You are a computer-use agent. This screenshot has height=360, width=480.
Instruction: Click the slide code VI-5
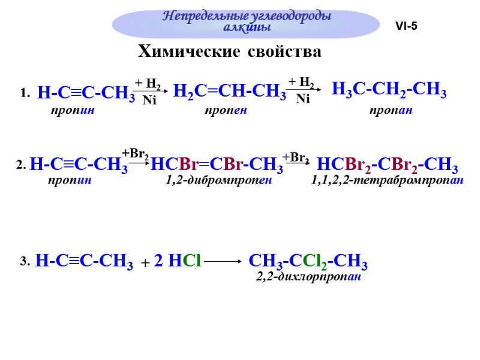coord(406,26)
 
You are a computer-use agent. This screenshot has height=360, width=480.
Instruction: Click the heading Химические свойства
coord(230,52)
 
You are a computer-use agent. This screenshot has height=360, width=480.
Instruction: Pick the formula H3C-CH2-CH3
coord(389,91)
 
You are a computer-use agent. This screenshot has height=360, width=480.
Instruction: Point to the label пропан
coord(390,111)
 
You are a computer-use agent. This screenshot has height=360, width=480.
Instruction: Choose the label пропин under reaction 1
coord(73,111)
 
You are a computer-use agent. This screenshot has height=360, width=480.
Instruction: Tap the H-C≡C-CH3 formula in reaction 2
coord(78,164)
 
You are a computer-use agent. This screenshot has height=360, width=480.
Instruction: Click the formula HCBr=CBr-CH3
coord(217,164)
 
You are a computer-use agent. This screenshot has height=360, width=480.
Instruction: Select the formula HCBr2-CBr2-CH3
coord(387,164)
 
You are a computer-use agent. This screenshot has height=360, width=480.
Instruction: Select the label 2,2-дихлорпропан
coord(308,277)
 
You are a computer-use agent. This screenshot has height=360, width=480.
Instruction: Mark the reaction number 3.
coord(24,262)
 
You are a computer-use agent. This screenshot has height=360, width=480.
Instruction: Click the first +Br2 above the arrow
coord(136,154)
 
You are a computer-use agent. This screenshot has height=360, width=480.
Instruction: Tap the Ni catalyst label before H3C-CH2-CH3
coord(303,100)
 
